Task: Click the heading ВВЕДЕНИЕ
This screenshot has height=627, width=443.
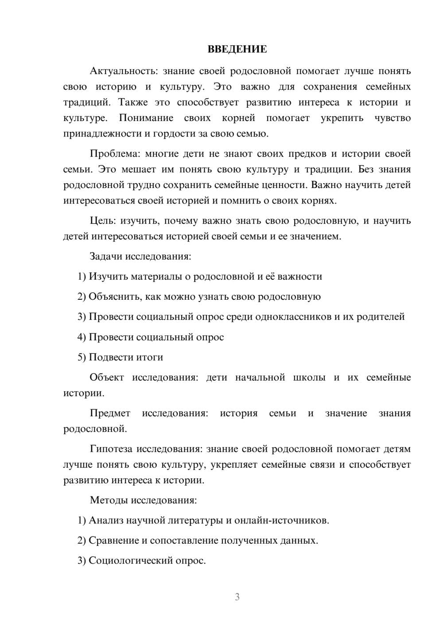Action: point(237,49)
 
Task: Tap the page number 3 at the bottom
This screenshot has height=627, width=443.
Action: point(237,597)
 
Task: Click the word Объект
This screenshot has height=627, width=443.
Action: point(107,377)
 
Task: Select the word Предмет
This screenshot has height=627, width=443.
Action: point(110,413)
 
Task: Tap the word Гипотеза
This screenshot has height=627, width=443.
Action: point(111,449)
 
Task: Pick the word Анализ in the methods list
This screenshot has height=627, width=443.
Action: point(106,521)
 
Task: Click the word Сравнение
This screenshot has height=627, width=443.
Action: point(113,541)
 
